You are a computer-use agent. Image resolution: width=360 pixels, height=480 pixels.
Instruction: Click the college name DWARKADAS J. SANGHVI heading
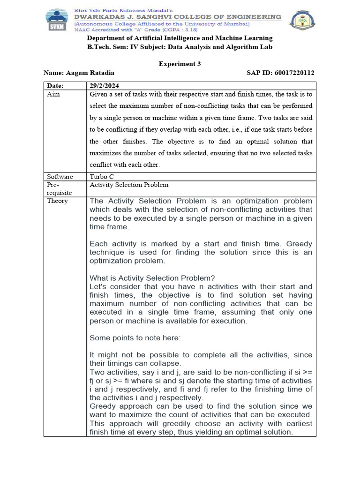178,17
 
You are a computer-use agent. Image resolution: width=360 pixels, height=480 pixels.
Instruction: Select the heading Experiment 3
180,64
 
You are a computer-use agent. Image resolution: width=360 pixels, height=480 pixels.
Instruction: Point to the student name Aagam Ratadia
90,73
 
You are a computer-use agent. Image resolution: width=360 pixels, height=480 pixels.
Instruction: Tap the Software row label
60,177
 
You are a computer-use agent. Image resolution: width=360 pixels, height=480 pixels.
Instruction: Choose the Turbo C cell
103,177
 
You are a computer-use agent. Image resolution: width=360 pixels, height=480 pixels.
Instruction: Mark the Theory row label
57,201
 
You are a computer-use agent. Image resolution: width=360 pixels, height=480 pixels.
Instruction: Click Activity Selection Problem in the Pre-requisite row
129,185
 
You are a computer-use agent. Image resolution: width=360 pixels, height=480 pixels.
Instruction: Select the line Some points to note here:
131,337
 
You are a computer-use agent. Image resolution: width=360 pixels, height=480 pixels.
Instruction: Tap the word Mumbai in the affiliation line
238,23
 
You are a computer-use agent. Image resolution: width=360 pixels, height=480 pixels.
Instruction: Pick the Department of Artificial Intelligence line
180,38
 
